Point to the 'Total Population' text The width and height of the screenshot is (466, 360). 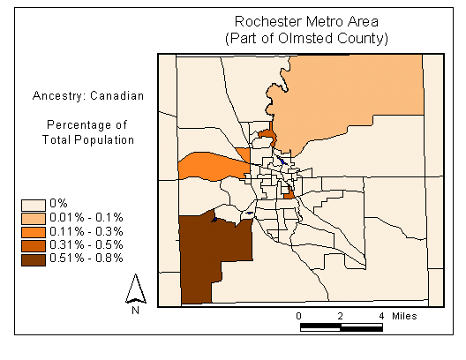[87, 139]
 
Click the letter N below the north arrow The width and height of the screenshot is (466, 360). [136, 310]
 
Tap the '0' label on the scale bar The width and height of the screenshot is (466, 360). [299, 315]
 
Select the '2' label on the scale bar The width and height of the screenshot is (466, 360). [341, 315]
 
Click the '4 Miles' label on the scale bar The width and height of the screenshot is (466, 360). [398, 315]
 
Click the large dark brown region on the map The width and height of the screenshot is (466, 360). [207, 260]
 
